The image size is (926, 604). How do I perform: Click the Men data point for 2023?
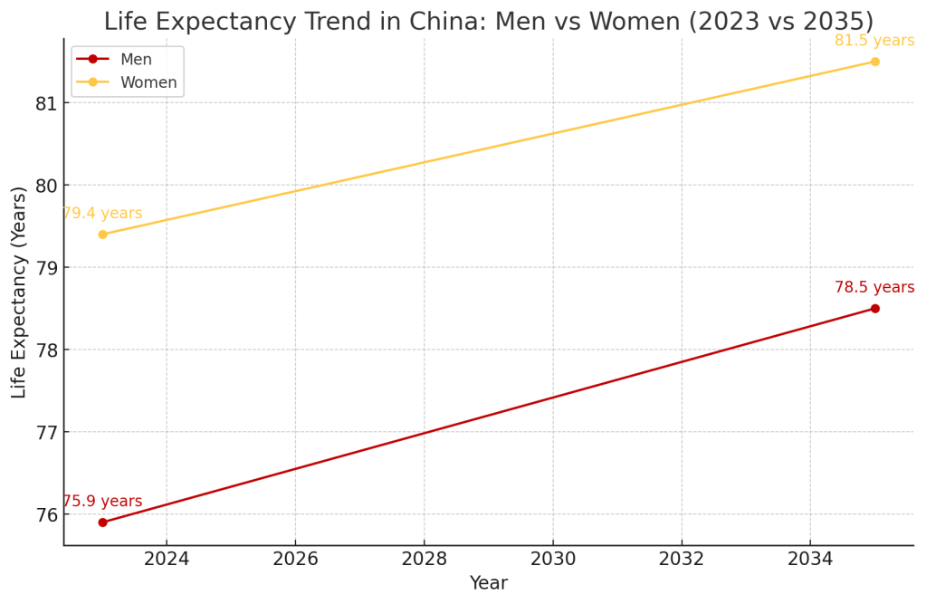pyautogui.click(x=102, y=523)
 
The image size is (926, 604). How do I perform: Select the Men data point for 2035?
pyautogui.click(x=874, y=309)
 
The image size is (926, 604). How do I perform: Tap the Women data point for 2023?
pyautogui.click(x=102, y=235)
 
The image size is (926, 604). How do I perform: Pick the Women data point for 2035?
pyautogui.click(x=874, y=62)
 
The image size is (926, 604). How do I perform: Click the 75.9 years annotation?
pyautogui.click(x=102, y=502)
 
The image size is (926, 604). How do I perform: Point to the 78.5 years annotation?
pyautogui.click(x=873, y=288)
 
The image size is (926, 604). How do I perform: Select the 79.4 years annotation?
pyautogui.click(x=102, y=214)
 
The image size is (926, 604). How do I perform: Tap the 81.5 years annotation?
pyautogui.click(x=873, y=41)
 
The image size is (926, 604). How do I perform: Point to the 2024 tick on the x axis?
pyautogui.click(x=167, y=559)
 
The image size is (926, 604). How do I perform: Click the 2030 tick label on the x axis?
pyautogui.click(x=553, y=559)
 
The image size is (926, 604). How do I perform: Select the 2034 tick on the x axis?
pyautogui.click(x=810, y=559)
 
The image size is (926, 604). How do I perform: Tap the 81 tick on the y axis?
pyautogui.click(x=46, y=103)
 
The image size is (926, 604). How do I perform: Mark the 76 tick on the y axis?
pyautogui.click(x=46, y=514)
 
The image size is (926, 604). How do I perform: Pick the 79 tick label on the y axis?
pyautogui.click(x=46, y=268)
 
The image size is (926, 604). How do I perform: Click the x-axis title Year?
pyautogui.click(x=488, y=584)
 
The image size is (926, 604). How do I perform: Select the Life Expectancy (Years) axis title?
pyautogui.click(x=19, y=292)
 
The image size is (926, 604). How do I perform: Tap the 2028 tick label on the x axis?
pyautogui.click(x=424, y=559)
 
